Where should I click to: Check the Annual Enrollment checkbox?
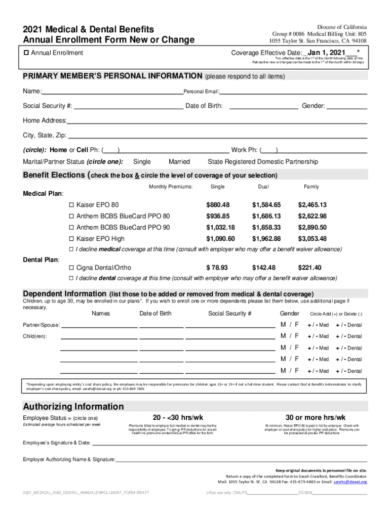point(26,53)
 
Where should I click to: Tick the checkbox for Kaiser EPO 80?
point(71,205)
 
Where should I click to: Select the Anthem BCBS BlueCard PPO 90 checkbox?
point(71,228)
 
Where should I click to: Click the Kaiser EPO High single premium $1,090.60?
point(220,239)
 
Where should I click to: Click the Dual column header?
point(263,187)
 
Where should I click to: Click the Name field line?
point(111,92)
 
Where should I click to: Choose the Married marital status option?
point(179,162)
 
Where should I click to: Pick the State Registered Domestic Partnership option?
point(263,162)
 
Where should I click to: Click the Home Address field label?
point(45,120)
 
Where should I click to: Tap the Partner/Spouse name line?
point(99,325)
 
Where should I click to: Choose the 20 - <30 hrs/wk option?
point(178,417)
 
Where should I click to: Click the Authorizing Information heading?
point(73,407)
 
